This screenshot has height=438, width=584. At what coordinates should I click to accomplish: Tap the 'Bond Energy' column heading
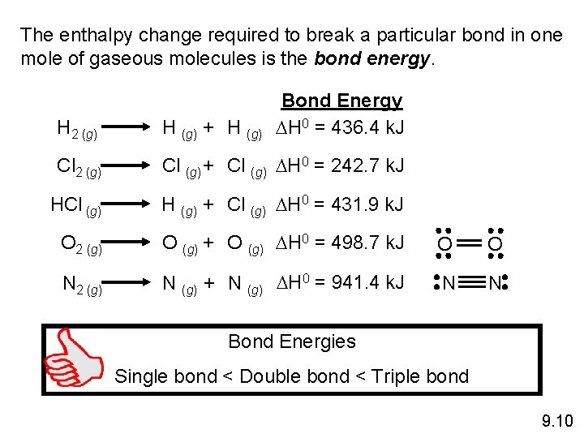tap(341, 101)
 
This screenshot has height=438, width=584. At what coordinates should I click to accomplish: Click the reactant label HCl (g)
tap(75, 205)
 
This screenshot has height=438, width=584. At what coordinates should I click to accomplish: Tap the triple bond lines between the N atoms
tap(470, 283)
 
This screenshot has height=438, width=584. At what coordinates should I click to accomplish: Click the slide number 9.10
tap(556, 420)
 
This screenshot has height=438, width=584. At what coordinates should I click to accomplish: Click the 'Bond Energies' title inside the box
tap(292, 341)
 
